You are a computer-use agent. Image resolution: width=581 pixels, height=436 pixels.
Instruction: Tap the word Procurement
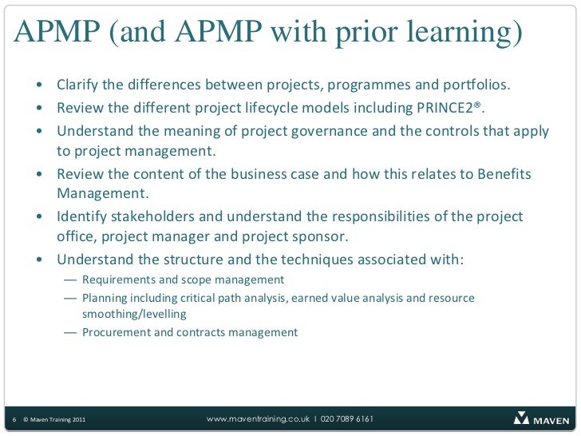[x=116, y=332]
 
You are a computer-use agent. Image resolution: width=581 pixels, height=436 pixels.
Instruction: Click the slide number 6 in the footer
[x=15, y=419]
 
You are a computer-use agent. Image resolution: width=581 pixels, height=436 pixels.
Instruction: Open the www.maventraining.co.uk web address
[x=258, y=418]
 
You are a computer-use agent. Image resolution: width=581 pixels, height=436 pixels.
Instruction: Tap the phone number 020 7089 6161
[x=347, y=418]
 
